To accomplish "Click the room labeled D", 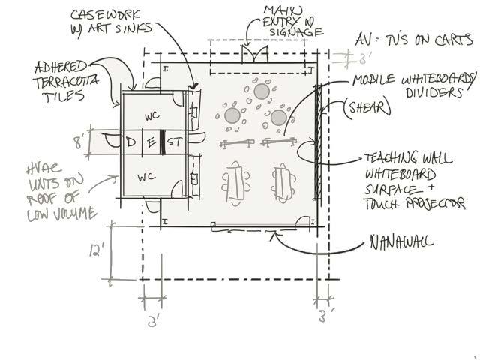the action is point(130,142).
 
